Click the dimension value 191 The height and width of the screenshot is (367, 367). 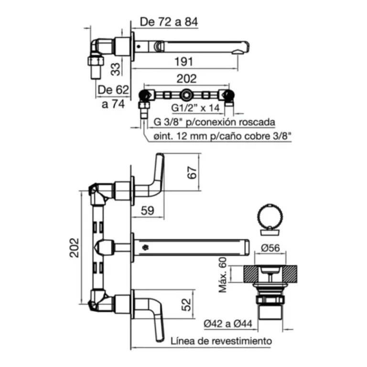tap(183, 62)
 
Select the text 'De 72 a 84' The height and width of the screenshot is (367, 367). tap(169, 22)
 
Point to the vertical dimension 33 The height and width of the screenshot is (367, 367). tap(115, 69)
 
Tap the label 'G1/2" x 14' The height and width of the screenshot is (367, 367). tap(195, 108)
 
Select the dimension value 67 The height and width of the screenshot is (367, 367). tap(192, 173)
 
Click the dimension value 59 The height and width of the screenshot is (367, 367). tap(148, 211)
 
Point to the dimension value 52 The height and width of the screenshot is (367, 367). tap(186, 304)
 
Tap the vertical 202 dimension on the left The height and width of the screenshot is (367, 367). tap(75, 248)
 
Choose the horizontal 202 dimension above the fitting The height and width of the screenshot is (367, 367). tap(186, 79)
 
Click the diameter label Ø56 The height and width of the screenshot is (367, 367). tap(270, 248)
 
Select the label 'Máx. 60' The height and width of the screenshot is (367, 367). tap(223, 275)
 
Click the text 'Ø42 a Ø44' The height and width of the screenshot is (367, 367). tap(228, 324)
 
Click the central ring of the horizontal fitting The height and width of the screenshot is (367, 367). tap(186, 95)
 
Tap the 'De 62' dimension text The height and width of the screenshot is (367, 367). tap(113, 90)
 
